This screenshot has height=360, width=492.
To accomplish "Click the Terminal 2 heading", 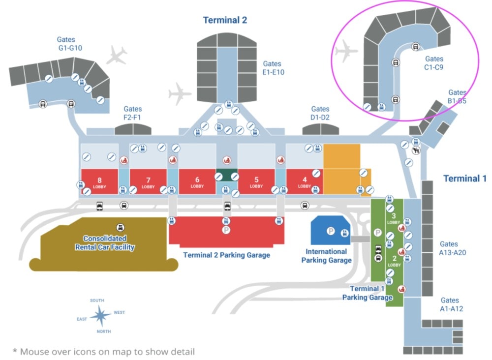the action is coord(225,20).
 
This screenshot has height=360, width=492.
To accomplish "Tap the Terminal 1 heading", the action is coord(465,179).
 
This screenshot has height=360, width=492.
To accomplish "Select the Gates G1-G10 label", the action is coord(70,44).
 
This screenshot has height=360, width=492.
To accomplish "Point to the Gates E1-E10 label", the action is coord(273,68).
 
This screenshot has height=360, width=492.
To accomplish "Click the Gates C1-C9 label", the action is coord(434,63).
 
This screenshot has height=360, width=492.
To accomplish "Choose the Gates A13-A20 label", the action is coord(452,248).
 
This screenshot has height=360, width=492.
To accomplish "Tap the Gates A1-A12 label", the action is coord(451,304).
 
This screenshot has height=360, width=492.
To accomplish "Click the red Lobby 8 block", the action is coord(99,181).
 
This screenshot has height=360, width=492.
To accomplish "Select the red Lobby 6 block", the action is coord(197,181).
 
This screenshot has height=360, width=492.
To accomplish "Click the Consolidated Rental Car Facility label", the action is coord(105,243).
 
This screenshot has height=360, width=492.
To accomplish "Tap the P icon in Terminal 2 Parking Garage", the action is coord(226,230).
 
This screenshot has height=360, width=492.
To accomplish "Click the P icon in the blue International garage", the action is coord(331,231).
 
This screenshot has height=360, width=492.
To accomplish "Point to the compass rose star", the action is coord(100,315).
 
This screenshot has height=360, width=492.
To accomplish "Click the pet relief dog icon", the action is coord(416,150).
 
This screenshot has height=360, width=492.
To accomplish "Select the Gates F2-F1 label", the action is coord(132,113).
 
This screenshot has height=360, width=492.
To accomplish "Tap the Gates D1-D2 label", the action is coord(320,113).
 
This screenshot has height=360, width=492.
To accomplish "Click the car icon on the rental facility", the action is coord(120,227).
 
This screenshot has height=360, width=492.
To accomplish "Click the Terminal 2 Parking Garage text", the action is coord(226,255).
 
